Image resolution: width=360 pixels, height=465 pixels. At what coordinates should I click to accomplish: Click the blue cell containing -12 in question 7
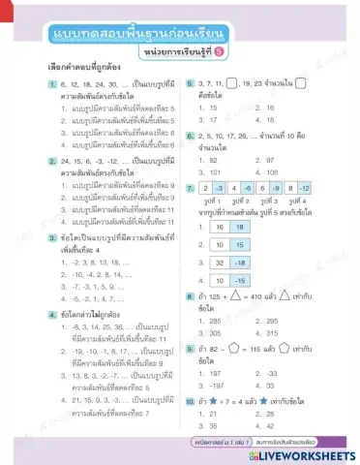point(304,184)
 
